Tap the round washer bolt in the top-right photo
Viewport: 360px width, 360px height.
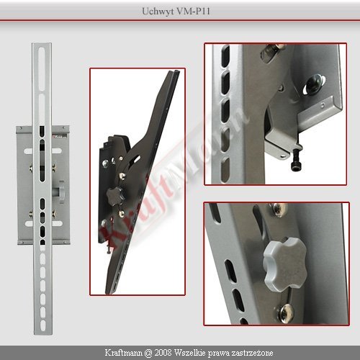pos(315,84)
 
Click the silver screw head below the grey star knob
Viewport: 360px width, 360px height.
pos(286,311)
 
